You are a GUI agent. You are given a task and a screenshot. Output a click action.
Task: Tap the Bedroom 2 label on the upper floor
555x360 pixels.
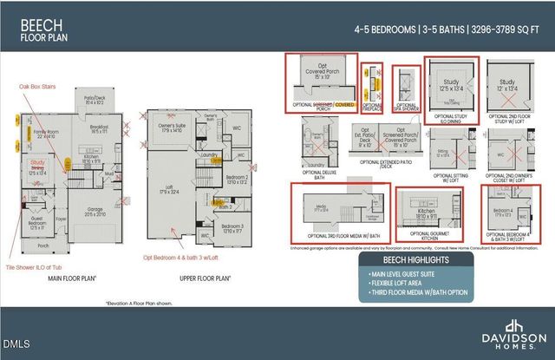coord(236,178)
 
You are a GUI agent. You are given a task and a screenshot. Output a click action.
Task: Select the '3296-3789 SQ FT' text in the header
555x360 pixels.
coord(508,29)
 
